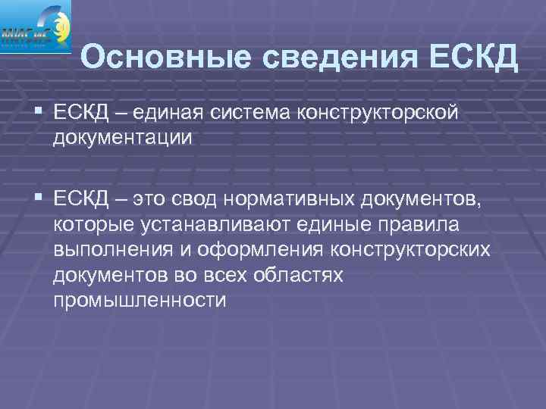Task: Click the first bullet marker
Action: tap(39, 111)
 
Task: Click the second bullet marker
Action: tap(39, 198)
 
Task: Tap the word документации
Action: tap(124, 139)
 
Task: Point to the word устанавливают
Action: tap(217, 225)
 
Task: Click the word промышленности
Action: tap(140, 301)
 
